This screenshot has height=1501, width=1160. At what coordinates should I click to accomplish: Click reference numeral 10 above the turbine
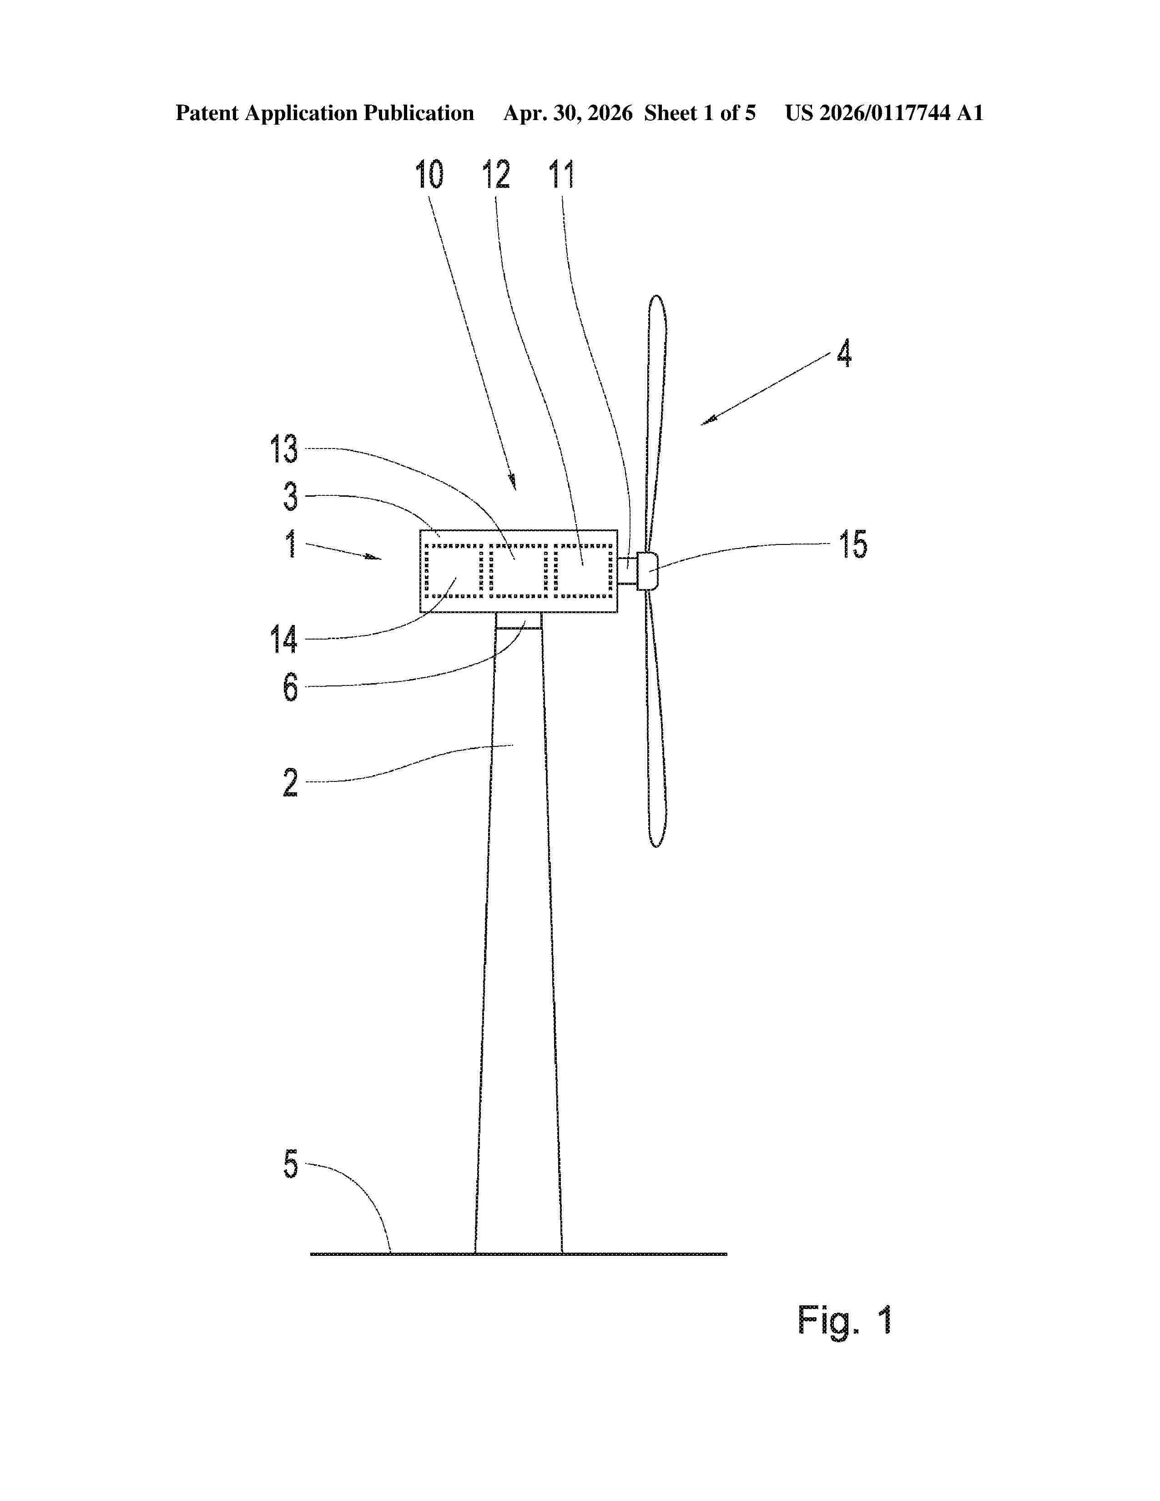(x=429, y=175)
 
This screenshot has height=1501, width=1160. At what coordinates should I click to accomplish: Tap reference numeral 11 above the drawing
(x=561, y=175)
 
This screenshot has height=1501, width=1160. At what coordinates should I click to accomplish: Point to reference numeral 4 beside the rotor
(x=844, y=353)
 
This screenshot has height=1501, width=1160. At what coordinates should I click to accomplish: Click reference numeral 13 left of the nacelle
(x=284, y=449)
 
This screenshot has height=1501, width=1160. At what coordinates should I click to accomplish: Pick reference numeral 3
(x=291, y=496)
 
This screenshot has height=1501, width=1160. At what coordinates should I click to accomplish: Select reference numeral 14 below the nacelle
(x=284, y=639)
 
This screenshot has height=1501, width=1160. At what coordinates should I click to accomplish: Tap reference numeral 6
(x=291, y=686)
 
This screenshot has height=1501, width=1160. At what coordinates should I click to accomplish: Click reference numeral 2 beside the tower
(x=291, y=782)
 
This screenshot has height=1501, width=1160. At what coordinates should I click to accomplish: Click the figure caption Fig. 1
(x=845, y=1320)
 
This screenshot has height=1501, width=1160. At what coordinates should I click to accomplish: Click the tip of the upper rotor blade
(x=657, y=297)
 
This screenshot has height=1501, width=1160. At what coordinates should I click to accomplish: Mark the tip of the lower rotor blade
(x=657, y=846)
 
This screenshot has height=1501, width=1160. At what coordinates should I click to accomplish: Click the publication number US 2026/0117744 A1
(x=884, y=113)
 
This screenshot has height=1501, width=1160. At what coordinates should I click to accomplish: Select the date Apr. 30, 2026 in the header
(x=568, y=113)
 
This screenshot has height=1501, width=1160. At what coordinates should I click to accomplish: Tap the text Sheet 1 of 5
(x=700, y=113)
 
